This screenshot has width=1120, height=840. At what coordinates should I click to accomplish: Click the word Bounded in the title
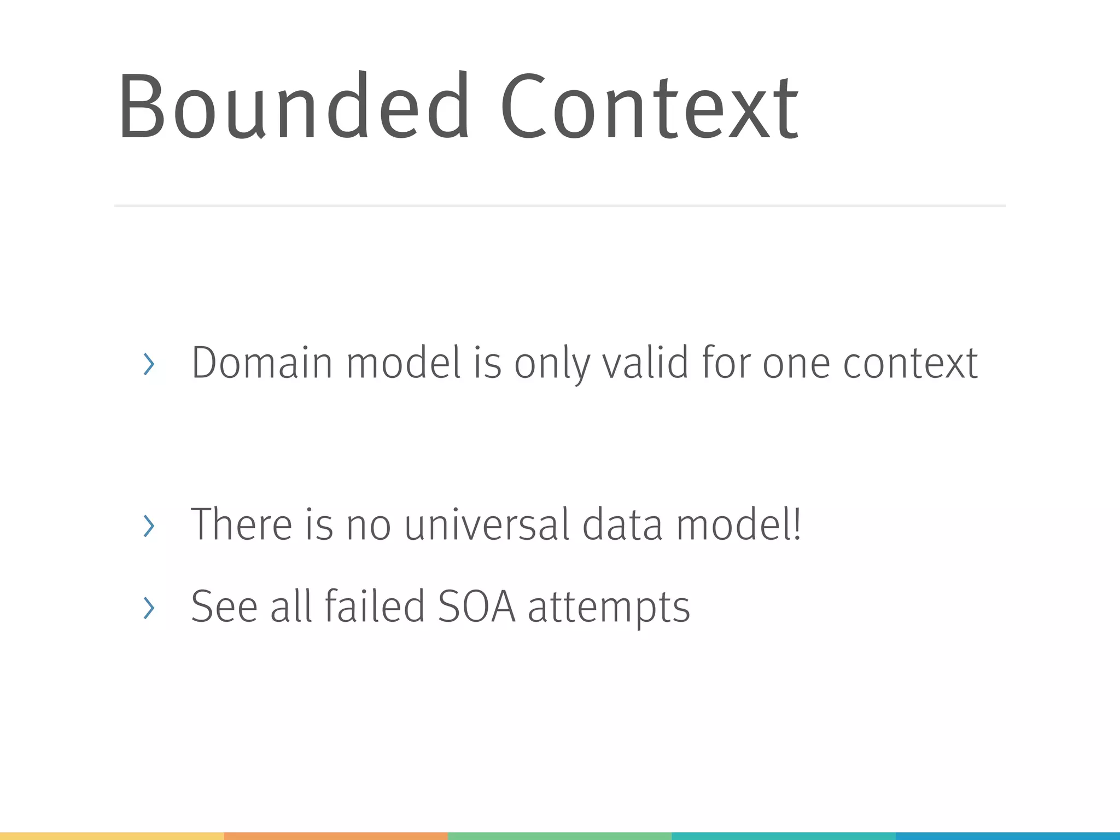[293, 107]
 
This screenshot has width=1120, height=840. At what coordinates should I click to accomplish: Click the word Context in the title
[649, 107]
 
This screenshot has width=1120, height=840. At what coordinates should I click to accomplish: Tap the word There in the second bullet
[241, 524]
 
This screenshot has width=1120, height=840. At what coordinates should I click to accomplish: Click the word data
[622, 524]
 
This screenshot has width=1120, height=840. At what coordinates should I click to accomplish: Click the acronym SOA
[476, 606]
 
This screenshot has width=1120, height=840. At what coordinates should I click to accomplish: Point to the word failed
[375, 606]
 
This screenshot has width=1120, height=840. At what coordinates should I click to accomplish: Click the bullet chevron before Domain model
[148, 364]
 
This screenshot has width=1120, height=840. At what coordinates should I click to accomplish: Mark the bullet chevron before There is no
[148, 526]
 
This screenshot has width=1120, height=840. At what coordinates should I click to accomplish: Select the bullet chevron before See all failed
[148, 608]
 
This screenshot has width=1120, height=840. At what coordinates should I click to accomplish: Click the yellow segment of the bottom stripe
[112, 836]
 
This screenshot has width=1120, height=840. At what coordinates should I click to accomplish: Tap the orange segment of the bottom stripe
[336, 836]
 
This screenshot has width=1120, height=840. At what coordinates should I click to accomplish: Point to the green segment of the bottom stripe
[559, 836]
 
